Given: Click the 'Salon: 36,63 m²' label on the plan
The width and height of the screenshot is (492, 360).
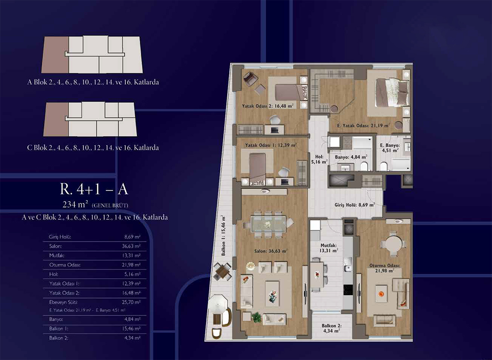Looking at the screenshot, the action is tap(271, 251).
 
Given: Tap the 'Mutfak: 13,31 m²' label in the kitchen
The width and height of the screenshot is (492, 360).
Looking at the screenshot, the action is tap(329, 248).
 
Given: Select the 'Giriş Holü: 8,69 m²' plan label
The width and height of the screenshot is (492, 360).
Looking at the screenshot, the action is tap(355, 205).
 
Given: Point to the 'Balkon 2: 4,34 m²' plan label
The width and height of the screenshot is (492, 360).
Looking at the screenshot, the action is tap(332, 328).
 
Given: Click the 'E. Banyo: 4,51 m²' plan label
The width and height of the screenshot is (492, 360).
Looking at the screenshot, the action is tap(390, 148).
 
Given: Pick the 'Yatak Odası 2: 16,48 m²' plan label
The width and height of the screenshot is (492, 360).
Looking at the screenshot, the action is tap(268, 106).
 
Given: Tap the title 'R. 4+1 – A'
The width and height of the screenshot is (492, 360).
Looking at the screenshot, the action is tap(94, 189).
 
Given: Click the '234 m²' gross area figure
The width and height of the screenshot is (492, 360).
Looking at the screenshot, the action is tap(75, 205).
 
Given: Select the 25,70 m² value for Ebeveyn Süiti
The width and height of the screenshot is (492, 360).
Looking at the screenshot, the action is tap(131, 302).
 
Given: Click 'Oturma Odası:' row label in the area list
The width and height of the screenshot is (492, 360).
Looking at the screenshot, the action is tap(65, 265).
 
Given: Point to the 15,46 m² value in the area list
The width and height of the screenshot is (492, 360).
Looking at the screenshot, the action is tap(131, 328).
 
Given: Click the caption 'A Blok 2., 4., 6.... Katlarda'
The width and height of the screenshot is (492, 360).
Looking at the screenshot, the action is tap(93, 82).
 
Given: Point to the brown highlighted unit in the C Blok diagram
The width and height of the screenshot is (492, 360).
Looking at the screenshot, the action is tap(56, 119).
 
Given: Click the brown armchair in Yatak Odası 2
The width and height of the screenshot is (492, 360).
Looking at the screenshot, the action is tap(250, 79).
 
